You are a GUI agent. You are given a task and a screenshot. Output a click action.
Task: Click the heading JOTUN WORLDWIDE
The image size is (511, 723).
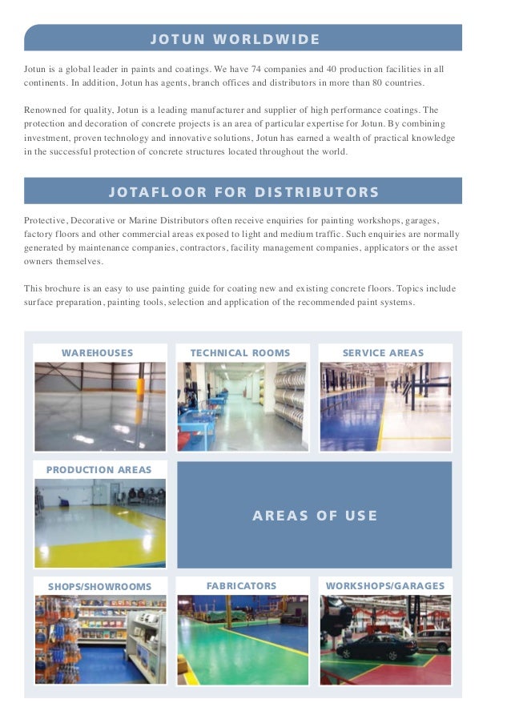point(235,39)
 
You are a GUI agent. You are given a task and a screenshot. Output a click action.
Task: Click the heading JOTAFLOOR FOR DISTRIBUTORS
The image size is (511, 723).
point(243,192)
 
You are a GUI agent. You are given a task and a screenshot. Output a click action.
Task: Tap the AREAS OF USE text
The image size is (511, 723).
point(315,516)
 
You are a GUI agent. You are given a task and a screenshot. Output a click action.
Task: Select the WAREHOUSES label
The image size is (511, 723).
point(98,353)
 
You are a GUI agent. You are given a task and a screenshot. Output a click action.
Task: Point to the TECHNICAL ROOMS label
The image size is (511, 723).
point(240,353)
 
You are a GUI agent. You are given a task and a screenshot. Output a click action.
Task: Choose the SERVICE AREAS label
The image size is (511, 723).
point(383,353)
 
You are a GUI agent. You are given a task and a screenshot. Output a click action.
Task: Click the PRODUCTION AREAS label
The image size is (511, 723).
point(99,470)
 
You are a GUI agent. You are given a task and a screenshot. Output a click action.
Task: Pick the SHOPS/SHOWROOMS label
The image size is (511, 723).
point(99,587)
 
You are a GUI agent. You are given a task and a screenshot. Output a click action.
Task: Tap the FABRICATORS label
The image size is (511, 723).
point(241,586)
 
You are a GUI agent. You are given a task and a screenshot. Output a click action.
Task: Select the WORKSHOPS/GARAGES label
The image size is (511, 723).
point(384,586)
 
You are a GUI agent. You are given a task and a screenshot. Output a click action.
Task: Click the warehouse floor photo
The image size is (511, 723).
point(100,407)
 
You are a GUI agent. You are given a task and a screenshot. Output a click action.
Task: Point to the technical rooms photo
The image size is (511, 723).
point(242,407)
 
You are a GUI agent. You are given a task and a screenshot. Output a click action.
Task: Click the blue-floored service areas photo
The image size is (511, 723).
point(385,407)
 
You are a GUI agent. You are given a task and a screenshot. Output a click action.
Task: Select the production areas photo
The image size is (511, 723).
point(100,523)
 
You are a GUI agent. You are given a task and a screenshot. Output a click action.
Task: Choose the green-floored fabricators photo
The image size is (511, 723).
point(242,640)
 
